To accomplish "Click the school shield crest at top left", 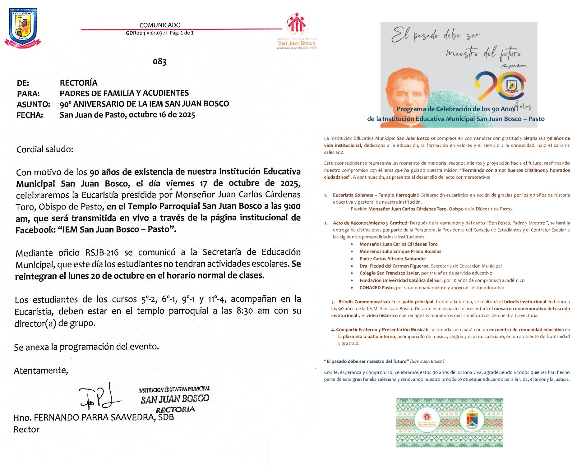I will point(23,27).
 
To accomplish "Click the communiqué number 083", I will point(159,62).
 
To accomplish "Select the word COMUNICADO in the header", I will point(160,25).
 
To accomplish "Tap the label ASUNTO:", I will point(33,104).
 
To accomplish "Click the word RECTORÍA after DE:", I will point(78,83).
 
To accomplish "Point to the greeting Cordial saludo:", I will point(45,150).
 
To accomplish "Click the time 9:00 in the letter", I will point(292,206).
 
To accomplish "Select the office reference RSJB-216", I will point(102,253).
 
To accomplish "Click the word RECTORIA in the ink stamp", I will point(175,410).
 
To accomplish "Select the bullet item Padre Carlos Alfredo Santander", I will point(393,259).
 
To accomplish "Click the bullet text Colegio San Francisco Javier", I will point(389,273).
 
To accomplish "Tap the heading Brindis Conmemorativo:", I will point(364,302).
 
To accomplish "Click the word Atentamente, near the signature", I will point(41,371).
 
